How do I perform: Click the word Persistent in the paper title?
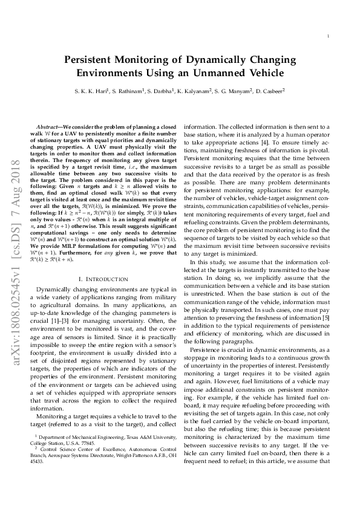(x=94, y=60)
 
